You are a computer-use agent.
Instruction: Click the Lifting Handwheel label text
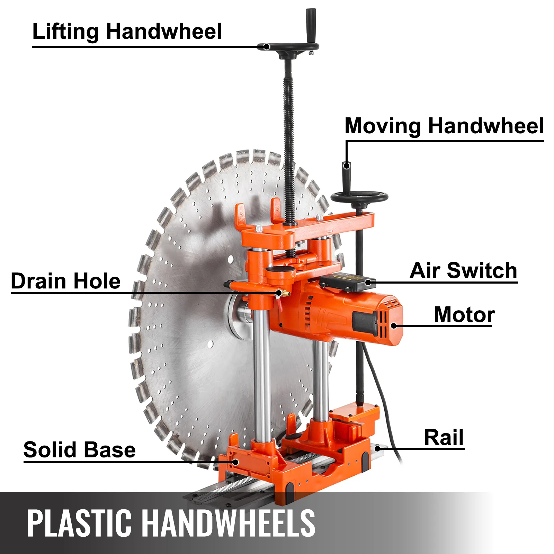(x=127, y=32)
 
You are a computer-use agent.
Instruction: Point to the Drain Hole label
(x=66, y=281)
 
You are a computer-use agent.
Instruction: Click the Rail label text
(x=444, y=437)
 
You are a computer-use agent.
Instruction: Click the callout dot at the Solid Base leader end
(x=235, y=462)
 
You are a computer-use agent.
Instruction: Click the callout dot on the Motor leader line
(x=394, y=325)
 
